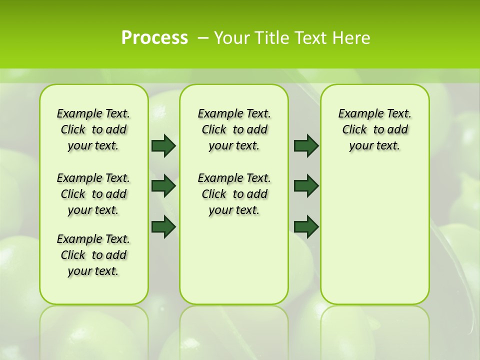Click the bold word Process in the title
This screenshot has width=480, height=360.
click(154, 37)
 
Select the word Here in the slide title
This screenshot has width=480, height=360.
click(352, 37)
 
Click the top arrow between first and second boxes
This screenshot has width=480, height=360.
click(163, 145)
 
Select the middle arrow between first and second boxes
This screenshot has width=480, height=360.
click(163, 186)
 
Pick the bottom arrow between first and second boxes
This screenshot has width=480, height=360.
click(163, 226)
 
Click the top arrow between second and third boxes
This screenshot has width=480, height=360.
click(306, 145)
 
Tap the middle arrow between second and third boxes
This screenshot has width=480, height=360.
click(306, 186)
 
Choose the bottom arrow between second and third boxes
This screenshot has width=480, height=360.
click(306, 226)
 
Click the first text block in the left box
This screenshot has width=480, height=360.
click(93, 129)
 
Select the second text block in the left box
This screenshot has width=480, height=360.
click(93, 194)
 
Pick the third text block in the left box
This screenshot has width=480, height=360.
click(93, 255)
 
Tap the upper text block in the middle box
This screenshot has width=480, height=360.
click(234, 129)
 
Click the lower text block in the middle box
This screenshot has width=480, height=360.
click(234, 194)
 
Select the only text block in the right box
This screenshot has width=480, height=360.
click(374, 129)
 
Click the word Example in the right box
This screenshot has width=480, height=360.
click(357, 113)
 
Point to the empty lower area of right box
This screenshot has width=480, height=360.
click(374, 235)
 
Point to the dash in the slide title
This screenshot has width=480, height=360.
click(203, 37)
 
